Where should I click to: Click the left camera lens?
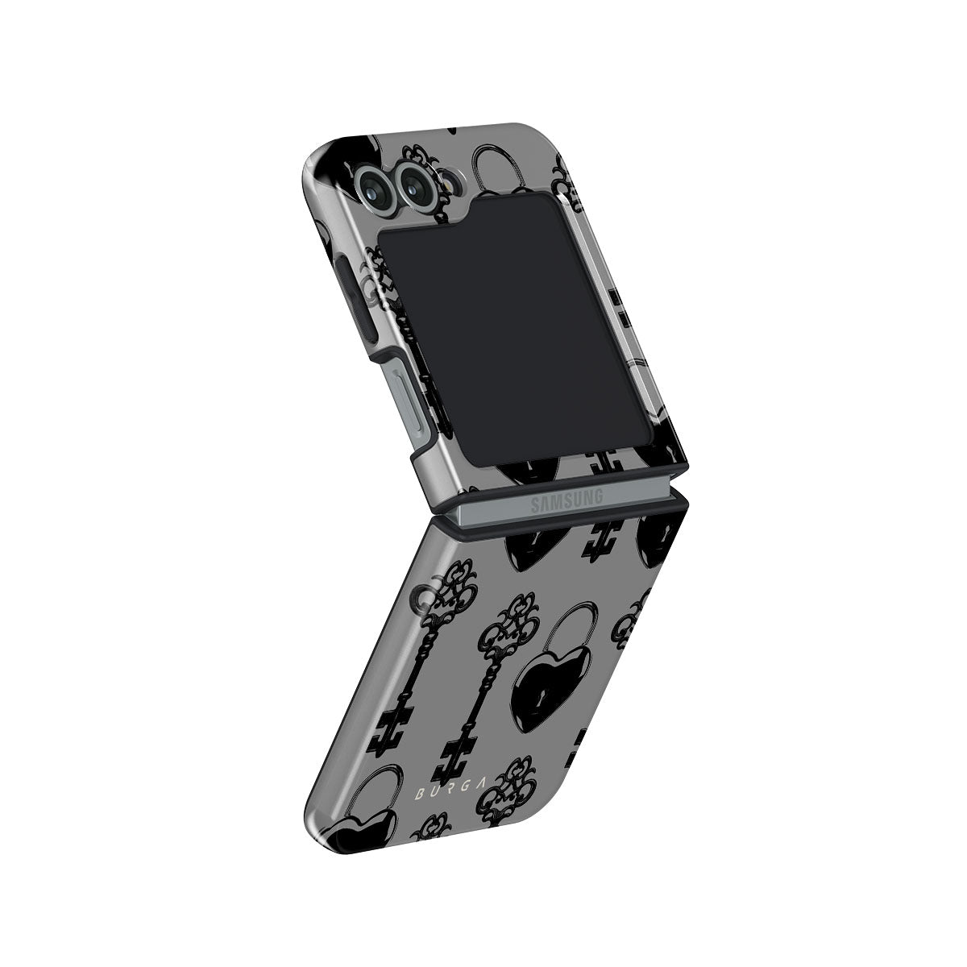point(375,186)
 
